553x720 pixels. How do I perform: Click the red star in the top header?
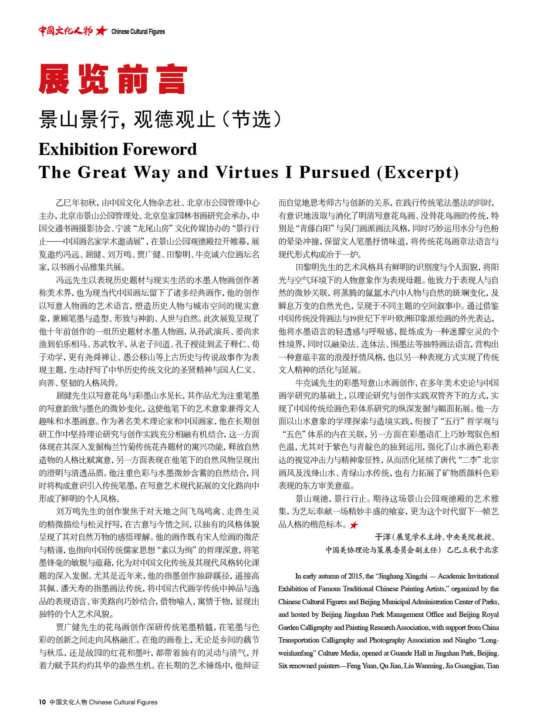pyautogui.click(x=101, y=31)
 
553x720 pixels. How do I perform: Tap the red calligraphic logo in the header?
pyautogui.click(x=65, y=31)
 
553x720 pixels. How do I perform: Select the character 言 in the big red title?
pyautogui.click(x=172, y=79)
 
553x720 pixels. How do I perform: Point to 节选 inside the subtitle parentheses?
pyautogui.click(x=251, y=119)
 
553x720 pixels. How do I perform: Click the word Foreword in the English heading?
pyautogui.click(x=159, y=149)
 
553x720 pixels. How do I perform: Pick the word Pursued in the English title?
pyautogui.click(x=334, y=172)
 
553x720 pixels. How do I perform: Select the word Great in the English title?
pyautogui.click(x=102, y=172)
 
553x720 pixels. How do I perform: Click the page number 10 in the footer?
pyautogui.click(x=42, y=702)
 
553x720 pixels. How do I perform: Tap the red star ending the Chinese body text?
pyautogui.click(x=354, y=525)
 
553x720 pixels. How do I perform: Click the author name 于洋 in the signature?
pyautogui.click(x=383, y=537)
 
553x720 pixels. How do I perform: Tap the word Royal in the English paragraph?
pyautogui.click(x=489, y=614)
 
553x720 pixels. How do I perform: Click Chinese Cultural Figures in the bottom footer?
pyautogui.click(x=123, y=702)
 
